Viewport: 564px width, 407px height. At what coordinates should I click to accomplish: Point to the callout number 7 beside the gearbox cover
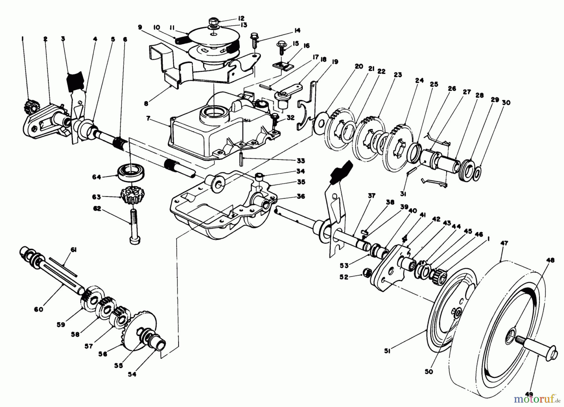pos(149,119)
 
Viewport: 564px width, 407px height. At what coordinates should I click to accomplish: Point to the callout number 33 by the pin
pos(300,161)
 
